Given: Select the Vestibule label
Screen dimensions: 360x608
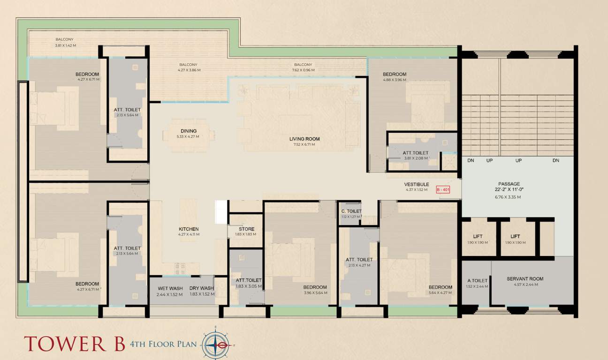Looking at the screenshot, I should (x=417, y=184).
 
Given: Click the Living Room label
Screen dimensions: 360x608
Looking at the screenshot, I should (x=304, y=139).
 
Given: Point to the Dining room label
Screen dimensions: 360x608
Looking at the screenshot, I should (x=188, y=131).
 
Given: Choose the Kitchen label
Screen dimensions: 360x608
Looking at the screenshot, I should (x=188, y=229).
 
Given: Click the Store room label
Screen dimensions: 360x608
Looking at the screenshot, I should (x=243, y=229).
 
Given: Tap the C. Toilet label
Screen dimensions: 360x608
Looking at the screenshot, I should (x=350, y=211).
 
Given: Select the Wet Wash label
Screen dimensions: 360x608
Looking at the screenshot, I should (x=170, y=289).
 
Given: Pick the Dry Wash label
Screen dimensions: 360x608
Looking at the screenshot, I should (x=201, y=289).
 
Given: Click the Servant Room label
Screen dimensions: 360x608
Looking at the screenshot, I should (x=524, y=279).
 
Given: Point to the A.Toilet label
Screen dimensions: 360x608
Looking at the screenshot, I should (x=476, y=280).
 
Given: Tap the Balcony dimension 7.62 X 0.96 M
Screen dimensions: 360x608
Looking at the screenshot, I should (x=303, y=70).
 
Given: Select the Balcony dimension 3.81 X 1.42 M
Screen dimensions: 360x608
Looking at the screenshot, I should (x=65, y=45).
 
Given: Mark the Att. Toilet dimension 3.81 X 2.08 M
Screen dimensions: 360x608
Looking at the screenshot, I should (x=415, y=158).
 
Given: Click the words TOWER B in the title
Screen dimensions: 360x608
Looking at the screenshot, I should (x=75, y=343).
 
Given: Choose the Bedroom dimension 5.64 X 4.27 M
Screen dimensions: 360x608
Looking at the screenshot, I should (x=440, y=293).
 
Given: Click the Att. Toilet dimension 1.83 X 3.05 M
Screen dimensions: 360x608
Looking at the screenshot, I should (x=248, y=286).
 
